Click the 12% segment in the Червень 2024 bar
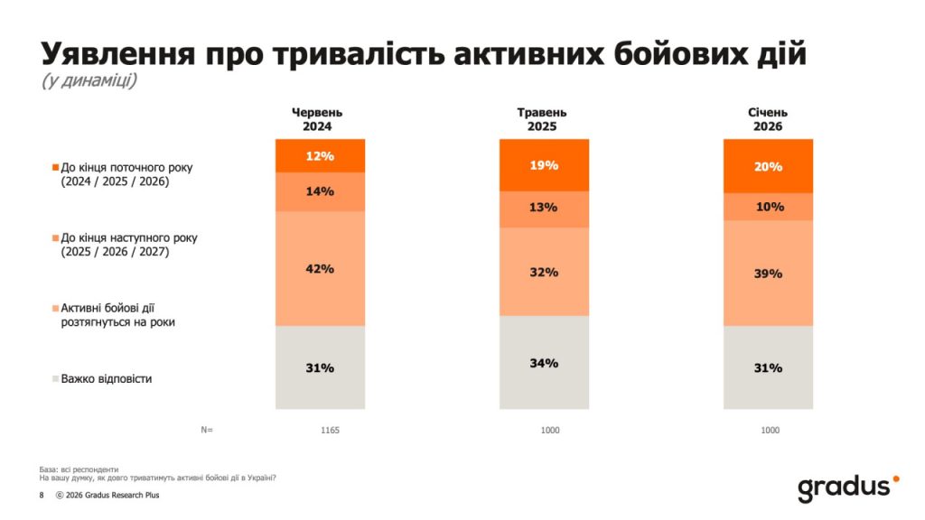coord(320,156)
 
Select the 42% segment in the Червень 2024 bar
coord(320,268)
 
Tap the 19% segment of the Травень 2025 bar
coord(544,165)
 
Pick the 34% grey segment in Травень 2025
coord(544,363)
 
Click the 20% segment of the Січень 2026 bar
coord(769,166)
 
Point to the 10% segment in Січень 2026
coord(769,207)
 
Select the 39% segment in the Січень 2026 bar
coord(769,274)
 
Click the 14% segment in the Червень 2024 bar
coord(320,191)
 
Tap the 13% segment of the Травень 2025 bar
coord(544,209)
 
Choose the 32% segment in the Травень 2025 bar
coord(544,271)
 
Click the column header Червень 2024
coord(317,119)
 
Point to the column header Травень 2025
coord(542,119)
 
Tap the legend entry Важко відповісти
coord(106,379)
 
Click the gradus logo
coord(848,487)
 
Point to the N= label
coord(207,431)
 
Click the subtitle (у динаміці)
coord(89,81)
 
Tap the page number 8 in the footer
coord(42,496)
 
